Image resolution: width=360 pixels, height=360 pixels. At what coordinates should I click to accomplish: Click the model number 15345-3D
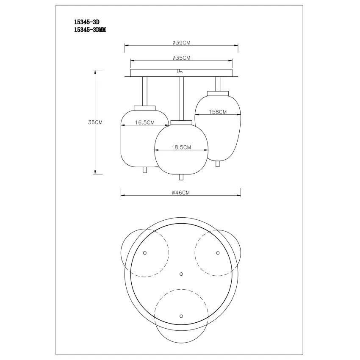pyautogui.click(x=86, y=22)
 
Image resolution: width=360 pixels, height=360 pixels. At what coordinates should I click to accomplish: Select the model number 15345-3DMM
pyautogui.click(x=90, y=30)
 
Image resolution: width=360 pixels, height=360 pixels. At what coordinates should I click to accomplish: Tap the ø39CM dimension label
pyautogui.click(x=181, y=43)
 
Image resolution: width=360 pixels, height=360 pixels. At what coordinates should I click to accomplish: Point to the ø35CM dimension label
pyautogui.click(x=181, y=58)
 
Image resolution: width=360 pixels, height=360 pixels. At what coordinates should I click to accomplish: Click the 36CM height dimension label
pyautogui.click(x=95, y=122)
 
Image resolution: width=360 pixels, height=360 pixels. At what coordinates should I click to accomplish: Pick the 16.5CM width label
pyautogui.click(x=145, y=122)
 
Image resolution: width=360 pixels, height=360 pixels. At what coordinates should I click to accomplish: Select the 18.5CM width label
pyautogui.click(x=181, y=147)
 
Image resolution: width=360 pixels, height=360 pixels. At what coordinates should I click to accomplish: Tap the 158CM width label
pyautogui.click(x=218, y=112)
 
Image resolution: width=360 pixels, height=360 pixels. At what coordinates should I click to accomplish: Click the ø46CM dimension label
pyautogui.click(x=181, y=193)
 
